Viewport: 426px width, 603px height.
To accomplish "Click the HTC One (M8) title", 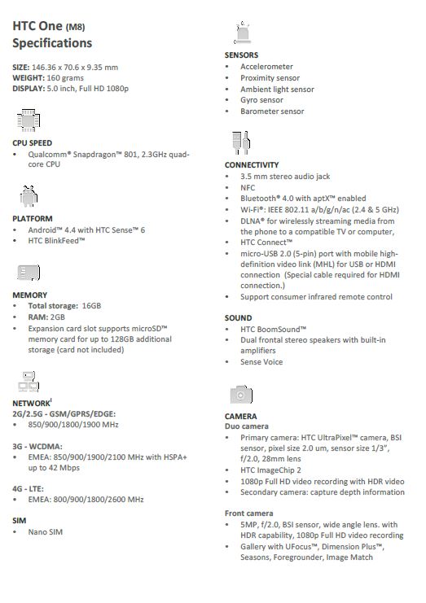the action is point(51,24).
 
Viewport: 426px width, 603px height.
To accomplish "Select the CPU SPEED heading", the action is point(33,142).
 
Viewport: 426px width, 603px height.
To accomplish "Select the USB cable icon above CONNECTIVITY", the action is point(237,142).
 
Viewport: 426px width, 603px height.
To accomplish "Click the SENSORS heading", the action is point(241,55).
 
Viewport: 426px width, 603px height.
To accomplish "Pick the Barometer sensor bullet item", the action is point(271,111).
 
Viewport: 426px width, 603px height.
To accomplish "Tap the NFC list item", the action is point(248,187).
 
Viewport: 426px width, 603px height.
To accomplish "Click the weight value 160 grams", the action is point(55,77).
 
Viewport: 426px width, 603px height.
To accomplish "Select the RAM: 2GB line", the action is point(46,317).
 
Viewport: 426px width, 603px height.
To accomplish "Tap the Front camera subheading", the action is point(248,513).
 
